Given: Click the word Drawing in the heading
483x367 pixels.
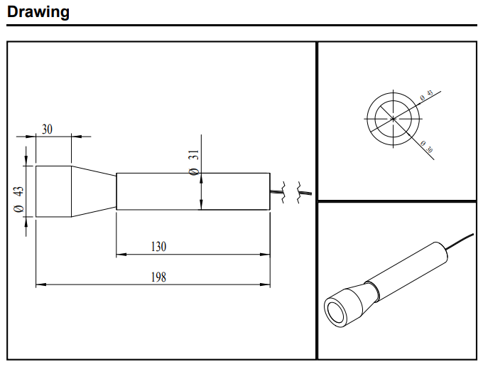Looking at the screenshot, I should point(38,12).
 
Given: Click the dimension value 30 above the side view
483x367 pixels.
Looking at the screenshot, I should point(47,129).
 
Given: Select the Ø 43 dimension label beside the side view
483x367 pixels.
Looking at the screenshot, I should point(19,198).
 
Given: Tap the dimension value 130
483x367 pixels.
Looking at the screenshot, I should point(158,247).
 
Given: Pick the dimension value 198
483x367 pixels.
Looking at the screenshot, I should point(158,277).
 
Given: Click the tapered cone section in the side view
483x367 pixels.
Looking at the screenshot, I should point(93,191).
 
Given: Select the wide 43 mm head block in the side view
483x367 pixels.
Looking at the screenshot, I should point(53,191).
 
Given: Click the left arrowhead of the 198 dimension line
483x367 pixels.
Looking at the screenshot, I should point(40,284).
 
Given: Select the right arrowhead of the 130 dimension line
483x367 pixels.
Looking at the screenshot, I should point(266,254).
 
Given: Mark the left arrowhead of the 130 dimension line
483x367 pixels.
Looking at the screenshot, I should point(120,254).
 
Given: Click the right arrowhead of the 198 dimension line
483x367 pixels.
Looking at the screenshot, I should point(266,284).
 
